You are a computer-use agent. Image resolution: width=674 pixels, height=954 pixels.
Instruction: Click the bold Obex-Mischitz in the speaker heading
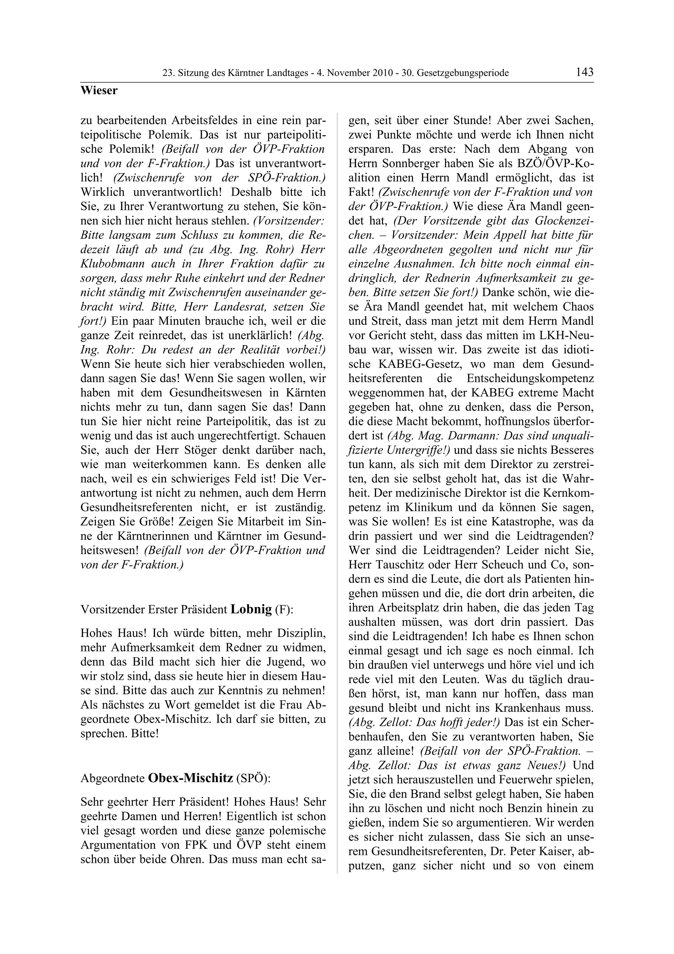pos(190,778)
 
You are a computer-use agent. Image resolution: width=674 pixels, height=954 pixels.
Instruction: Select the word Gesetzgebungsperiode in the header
pos(463,73)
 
